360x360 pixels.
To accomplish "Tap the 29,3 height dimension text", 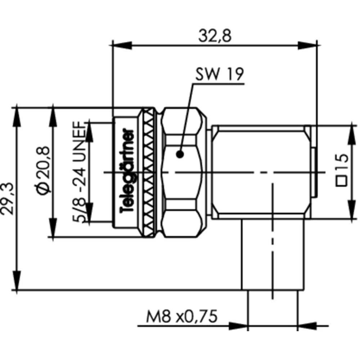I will (x=7, y=199).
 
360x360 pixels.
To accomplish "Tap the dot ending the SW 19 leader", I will (x=180, y=154).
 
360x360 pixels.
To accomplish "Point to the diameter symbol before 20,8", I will (x=43, y=189).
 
